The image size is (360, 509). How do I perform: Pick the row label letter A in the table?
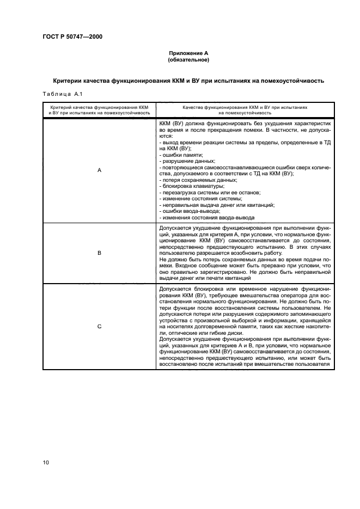[x=99, y=170]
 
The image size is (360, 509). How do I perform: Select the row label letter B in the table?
[x=99, y=253]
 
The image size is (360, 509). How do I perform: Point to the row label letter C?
[x=99, y=326]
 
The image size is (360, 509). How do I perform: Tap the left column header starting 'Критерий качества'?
[x=99, y=111]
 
